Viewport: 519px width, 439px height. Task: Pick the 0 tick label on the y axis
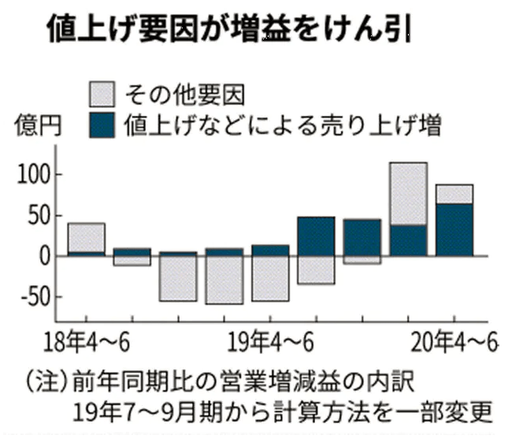[50, 256]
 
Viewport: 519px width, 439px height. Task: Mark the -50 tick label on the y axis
[38, 298]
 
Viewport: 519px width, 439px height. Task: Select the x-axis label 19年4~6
[272, 344]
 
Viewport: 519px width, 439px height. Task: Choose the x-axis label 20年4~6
[457, 344]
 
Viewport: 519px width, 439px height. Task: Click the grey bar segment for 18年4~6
[87, 237]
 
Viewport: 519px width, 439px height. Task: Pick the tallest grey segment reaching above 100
[408, 193]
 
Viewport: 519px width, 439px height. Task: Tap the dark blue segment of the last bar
[454, 230]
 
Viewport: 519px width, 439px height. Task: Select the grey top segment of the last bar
[454, 194]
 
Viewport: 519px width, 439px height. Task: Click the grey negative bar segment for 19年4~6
[270, 278]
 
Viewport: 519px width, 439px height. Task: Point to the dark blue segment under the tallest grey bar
[408, 240]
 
